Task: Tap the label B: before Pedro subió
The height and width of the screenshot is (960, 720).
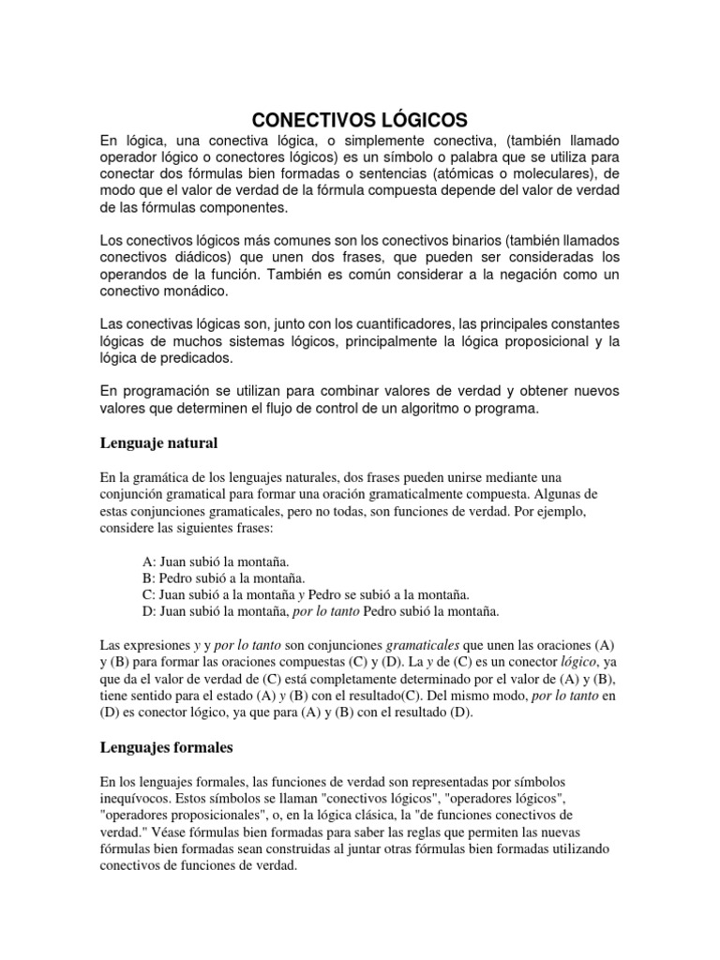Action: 150,578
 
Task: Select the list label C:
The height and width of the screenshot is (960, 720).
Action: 150,595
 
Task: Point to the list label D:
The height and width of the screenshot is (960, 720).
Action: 150,612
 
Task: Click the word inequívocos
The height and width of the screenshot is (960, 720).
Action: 137,799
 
